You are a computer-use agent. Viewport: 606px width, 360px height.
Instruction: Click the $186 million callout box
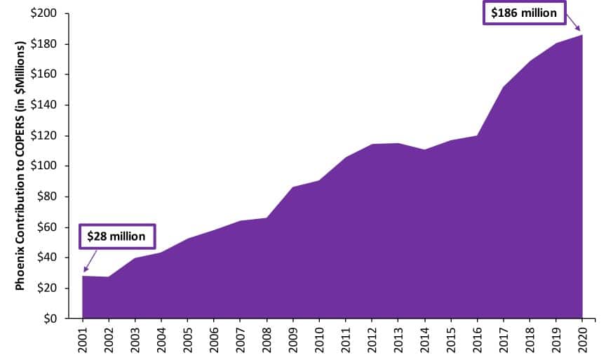[524, 13]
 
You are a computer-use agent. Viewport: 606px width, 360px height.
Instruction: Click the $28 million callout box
[116, 236]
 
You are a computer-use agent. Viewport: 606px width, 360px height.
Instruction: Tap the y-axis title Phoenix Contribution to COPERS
[22, 165]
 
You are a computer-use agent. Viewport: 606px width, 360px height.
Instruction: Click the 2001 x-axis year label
[83, 340]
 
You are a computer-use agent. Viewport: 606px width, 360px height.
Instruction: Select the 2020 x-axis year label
[582, 340]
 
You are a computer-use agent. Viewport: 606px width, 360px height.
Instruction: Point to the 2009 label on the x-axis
[293, 340]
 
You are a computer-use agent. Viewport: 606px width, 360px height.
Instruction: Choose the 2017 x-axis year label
[504, 340]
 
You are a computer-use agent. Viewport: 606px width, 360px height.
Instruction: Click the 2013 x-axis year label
[398, 340]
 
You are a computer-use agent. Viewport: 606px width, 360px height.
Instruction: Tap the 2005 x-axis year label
[188, 340]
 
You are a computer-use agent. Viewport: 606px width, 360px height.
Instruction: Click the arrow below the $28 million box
[90, 260]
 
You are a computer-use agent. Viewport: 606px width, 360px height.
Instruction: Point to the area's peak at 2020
[582, 35]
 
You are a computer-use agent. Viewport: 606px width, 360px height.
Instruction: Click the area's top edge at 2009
[293, 187]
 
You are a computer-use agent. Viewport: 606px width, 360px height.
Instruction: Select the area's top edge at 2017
[504, 88]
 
